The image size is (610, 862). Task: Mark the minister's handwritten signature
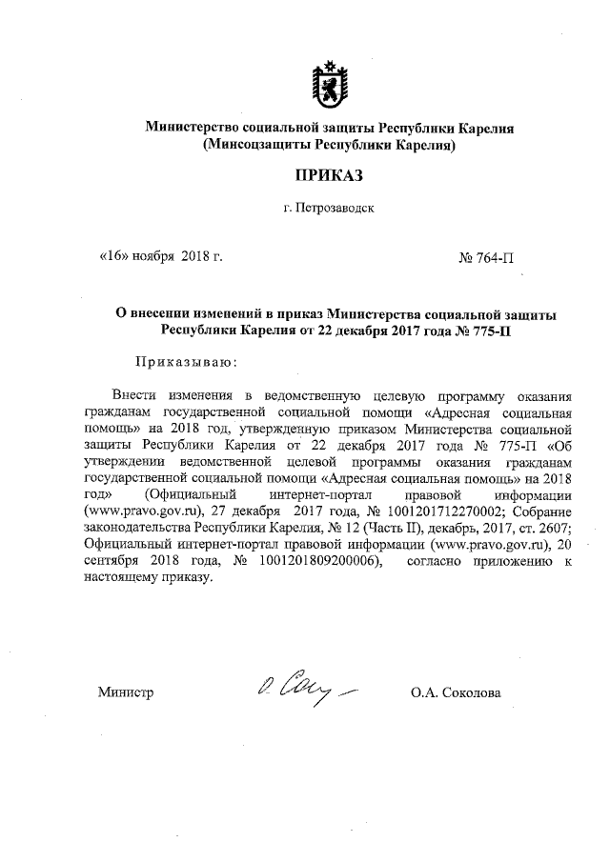(x=302, y=689)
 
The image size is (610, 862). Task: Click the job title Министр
(x=125, y=692)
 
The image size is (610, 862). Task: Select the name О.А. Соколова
(x=456, y=692)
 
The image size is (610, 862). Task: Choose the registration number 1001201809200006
(x=313, y=561)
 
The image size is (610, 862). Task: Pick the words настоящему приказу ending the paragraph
(x=146, y=578)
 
